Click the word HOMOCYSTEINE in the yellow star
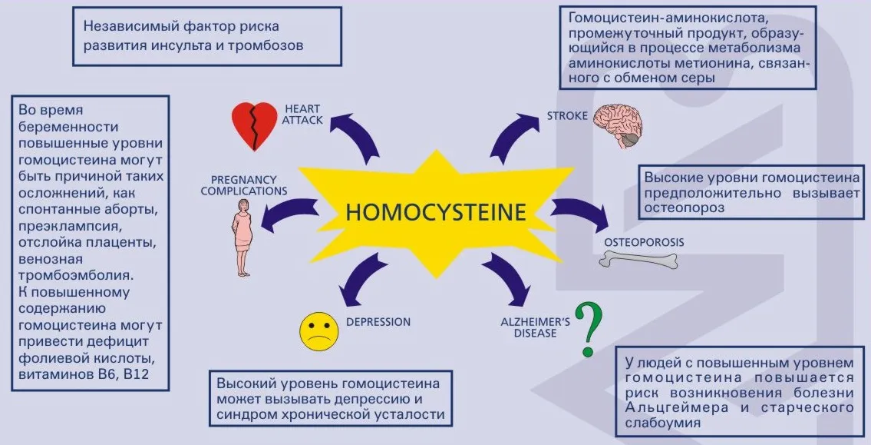tap(436, 212)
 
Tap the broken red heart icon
tap(254, 126)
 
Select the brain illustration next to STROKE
tap(618, 125)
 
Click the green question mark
tap(589, 329)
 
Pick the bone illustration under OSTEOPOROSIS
tap(638, 259)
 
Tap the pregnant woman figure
tap(243, 237)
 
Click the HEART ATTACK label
tap(302, 114)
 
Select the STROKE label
tap(567, 116)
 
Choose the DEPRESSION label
tap(378, 322)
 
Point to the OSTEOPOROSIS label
tap(644, 243)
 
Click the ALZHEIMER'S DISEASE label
tap(536, 327)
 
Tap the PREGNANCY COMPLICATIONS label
tap(244, 186)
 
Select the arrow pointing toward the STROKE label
tap(511, 134)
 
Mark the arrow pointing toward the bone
tap(580, 212)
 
